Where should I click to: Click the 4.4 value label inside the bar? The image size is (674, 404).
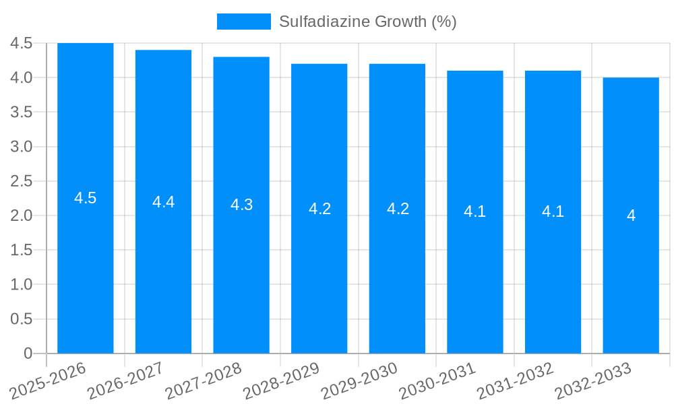coord(164,202)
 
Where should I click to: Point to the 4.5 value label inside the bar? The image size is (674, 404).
coord(86,198)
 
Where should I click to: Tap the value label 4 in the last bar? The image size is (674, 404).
coord(631,215)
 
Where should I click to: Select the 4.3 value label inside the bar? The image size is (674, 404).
coord(241,205)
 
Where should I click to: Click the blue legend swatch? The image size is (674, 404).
coord(243,22)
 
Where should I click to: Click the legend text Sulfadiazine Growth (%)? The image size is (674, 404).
coord(368,22)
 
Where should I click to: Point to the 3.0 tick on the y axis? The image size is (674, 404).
coord(22,147)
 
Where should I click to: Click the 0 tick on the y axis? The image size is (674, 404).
coord(28,353)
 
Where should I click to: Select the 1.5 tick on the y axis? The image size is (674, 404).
coord(22,250)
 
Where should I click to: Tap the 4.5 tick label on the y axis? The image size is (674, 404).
coord(22,43)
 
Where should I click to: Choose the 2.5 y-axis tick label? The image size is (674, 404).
coord(22,181)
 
